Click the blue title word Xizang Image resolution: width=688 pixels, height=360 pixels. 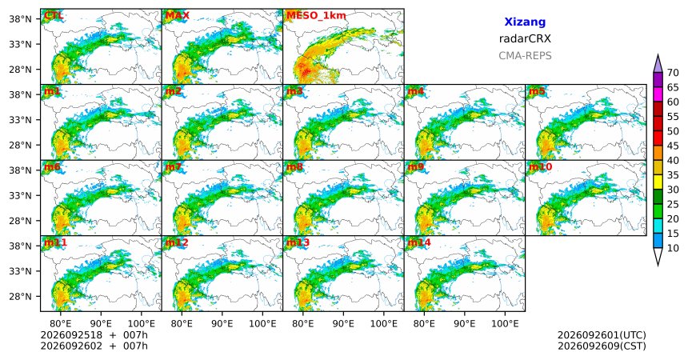tap(525, 22)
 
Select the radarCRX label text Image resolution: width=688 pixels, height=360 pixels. tap(525, 38)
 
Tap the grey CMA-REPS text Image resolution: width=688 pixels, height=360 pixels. tap(525, 56)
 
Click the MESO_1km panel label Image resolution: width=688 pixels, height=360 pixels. tap(316, 16)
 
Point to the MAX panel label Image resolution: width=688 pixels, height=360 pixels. tap(178, 16)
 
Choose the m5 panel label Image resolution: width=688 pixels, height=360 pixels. tap(537, 91)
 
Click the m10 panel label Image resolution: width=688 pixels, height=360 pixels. tap(540, 167)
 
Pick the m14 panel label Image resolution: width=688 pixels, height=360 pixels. tap(419, 242)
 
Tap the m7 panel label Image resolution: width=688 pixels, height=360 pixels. tap(174, 167)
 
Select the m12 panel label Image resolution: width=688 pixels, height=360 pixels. tap(176, 242)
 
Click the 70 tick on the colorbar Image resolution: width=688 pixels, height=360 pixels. tap(673, 73)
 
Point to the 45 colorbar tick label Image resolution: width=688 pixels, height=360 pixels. tap(673, 146)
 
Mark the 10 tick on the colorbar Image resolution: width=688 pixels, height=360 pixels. tap(673, 248)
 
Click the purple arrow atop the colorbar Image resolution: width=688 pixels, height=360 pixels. tap(658, 64)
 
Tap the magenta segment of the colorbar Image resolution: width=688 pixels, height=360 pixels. tap(658, 94)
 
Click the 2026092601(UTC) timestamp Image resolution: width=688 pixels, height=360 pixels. tap(602, 335)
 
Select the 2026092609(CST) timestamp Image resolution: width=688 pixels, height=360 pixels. tap(602, 346)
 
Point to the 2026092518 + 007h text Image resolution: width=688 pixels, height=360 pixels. tap(94, 335)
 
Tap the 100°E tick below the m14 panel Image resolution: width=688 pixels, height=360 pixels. tap(505, 324)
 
